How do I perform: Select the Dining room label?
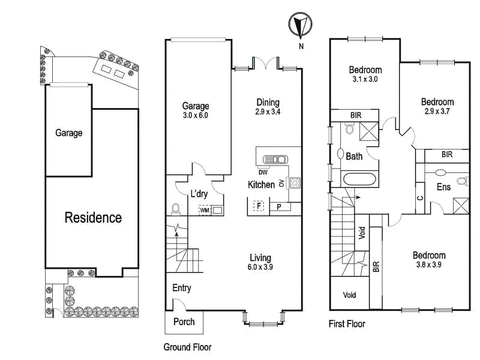268,103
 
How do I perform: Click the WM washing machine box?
205,210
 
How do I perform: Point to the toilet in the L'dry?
176,209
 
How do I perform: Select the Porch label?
184,322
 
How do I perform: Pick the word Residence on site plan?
93,217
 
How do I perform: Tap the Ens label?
443,187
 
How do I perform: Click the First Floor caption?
347,324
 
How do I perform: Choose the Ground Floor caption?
187,347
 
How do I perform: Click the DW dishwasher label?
263,172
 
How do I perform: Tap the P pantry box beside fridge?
279,207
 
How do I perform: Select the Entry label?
182,288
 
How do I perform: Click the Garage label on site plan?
69,133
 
